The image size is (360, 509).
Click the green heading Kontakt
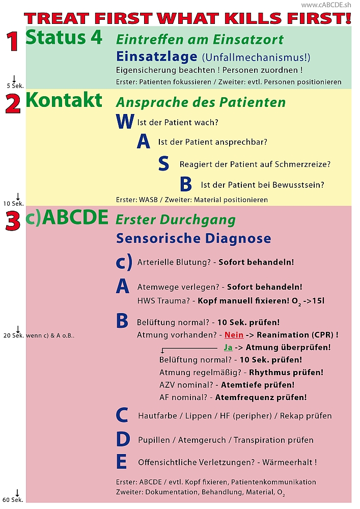[64, 100]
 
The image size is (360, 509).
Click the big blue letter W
[125, 122]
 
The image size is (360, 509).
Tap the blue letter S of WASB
[163, 164]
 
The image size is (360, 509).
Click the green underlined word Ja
[228, 347]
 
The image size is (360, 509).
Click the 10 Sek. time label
[14, 204]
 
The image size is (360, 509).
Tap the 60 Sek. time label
[14, 500]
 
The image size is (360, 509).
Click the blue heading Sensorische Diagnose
[193, 238]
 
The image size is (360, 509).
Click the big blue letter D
[122, 439]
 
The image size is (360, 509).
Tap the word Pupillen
[155, 440]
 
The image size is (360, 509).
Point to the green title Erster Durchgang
[176, 220]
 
